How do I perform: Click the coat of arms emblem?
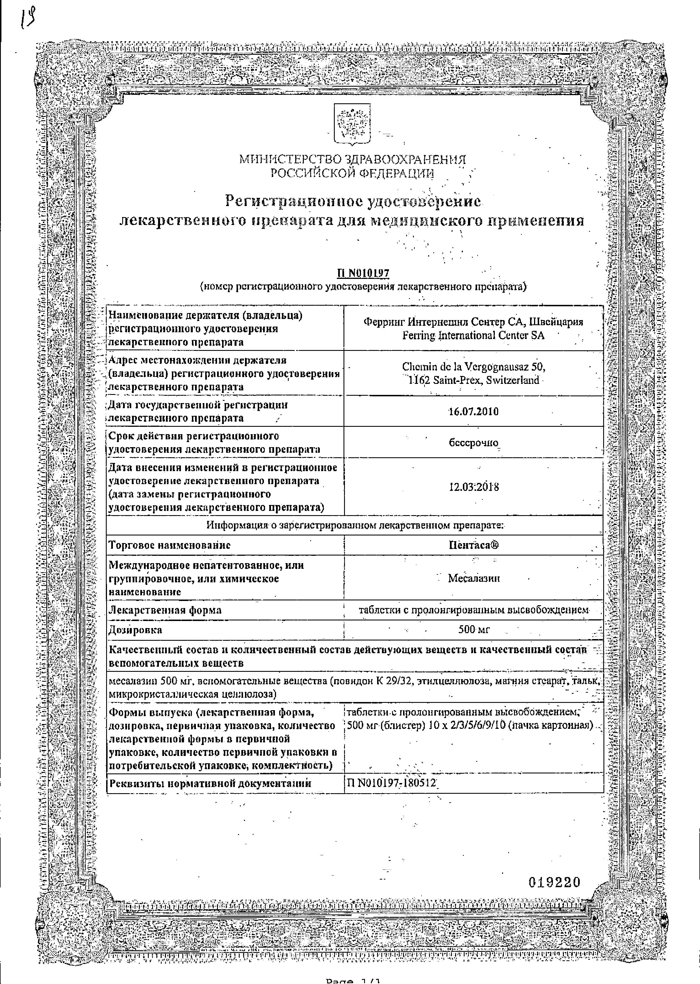point(353,125)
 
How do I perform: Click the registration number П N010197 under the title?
point(363,274)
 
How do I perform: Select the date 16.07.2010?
point(473,411)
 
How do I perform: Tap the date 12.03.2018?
point(473,487)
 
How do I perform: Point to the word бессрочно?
point(473,443)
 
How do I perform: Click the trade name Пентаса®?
point(473,545)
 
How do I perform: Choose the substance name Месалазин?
point(474,578)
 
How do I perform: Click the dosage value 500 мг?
point(474,630)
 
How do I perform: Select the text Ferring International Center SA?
point(473,336)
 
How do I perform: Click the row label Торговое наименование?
point(169,545)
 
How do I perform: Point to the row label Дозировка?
point(135,630)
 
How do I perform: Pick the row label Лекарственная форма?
point(165,610)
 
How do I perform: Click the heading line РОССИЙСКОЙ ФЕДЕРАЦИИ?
point(352,174)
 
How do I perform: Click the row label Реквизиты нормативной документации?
point(210,783)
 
